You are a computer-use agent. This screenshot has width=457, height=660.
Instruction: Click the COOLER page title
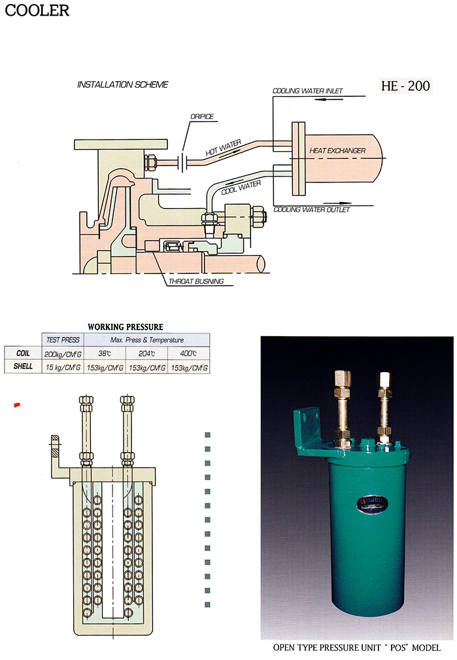(35, 10)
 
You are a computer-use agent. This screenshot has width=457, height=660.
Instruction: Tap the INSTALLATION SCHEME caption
(123, 84)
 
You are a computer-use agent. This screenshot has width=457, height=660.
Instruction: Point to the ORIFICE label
(202, 116)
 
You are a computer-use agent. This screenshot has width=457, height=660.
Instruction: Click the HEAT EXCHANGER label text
(337, 150)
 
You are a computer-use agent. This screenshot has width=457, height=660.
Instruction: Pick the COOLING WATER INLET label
(307, 91)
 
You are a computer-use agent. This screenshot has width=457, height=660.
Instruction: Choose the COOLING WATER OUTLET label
(311, 209)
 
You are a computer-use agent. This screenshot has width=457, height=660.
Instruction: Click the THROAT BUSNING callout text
(196, 281)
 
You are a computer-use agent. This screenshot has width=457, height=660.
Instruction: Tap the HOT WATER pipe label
(224, 147)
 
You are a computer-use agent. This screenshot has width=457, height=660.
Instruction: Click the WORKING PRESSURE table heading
(126, 326)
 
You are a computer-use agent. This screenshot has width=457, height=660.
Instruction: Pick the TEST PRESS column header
(63, 339)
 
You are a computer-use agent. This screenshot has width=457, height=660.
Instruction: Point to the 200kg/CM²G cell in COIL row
(63, 353)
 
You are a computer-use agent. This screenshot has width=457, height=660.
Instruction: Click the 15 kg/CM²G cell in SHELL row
(63, 368)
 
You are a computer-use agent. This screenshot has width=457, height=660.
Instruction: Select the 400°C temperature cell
(188, 353)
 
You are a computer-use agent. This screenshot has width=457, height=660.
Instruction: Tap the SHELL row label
(23, 368)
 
